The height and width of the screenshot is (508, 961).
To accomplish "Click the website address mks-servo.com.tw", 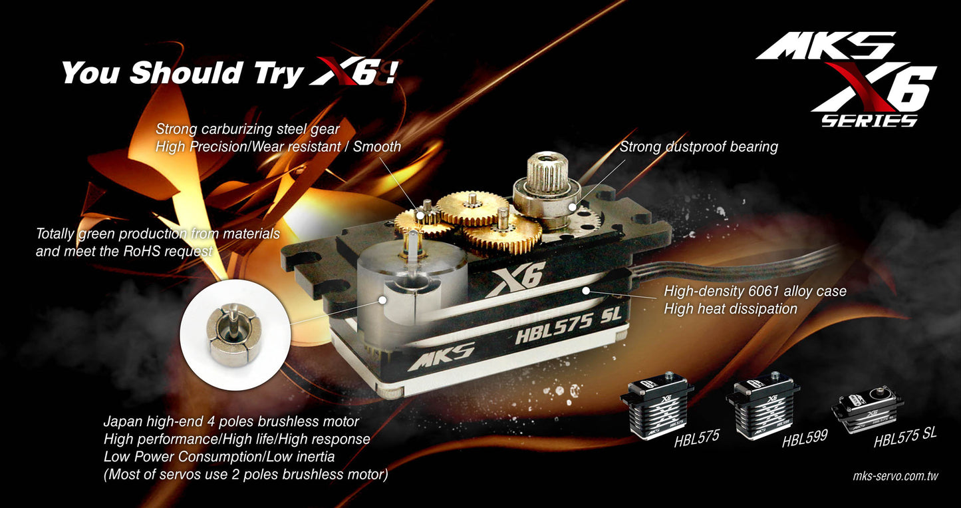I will tap(894, 477).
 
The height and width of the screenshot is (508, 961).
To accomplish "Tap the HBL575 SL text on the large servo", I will tap(568, 326).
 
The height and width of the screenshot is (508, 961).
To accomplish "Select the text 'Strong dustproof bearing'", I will tap(698, 146).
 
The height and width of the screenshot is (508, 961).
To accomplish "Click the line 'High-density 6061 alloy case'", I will tap(755, 291).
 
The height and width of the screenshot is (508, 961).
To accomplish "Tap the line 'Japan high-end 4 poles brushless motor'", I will tap(231, 421).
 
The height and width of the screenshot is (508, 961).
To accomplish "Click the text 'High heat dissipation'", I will tap(730, 309).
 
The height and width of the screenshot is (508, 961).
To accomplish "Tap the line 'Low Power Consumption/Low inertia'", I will tap(219, 457).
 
